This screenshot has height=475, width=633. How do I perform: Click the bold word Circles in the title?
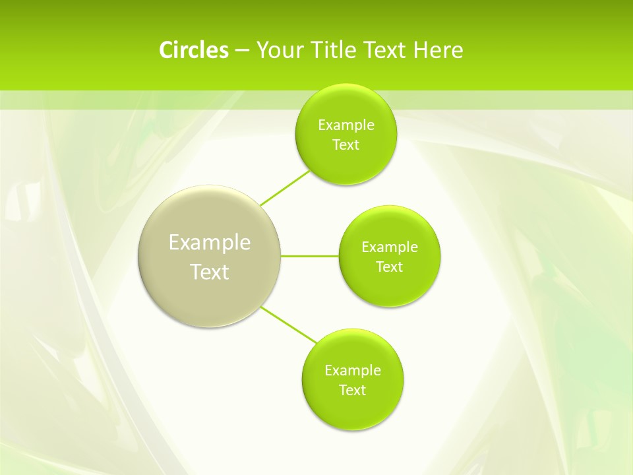pos(193,50)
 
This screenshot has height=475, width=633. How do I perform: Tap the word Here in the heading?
pos(438,50)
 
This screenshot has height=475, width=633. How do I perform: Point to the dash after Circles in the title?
pos(241,51)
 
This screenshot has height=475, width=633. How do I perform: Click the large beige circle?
pos(210,218)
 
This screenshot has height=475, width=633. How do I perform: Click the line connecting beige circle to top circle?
pos(285,188)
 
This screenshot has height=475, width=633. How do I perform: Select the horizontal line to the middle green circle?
pos(310,256)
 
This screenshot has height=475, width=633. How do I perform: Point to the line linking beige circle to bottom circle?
pos(289,325)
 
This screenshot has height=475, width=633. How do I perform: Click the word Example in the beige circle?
pos(210,243)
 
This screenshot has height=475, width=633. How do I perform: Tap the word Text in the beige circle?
pos(210,272)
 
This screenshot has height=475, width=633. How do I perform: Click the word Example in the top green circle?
pos(346,125)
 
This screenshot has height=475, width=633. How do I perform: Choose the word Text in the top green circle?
pos(346,145)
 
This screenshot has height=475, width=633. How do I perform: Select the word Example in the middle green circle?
pos(390,247)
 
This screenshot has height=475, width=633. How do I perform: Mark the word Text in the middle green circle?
pos(390,267)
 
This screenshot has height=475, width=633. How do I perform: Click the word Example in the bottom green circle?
pos(353,371)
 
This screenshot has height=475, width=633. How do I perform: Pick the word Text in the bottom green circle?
pos(353,391)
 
